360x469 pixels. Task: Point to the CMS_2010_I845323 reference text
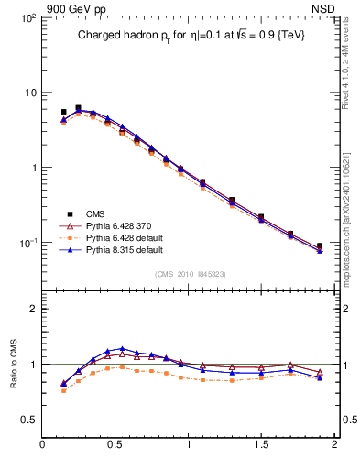tap(189, 274)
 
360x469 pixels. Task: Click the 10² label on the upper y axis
tap(27, 18)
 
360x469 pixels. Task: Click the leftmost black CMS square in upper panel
tap(63, 112)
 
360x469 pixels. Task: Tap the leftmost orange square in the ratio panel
tap(63, 390)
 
